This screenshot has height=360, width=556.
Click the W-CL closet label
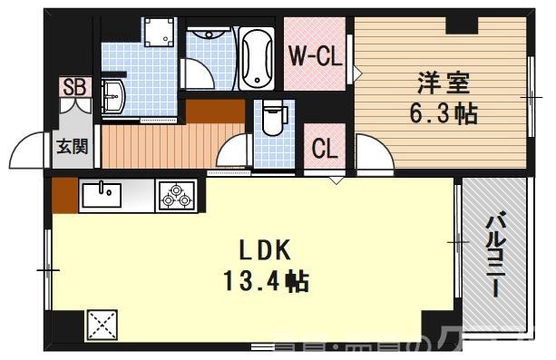314,55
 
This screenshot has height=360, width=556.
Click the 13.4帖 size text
266,281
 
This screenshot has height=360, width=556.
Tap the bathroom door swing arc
196,73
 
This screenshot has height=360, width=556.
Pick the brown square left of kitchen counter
63,193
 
